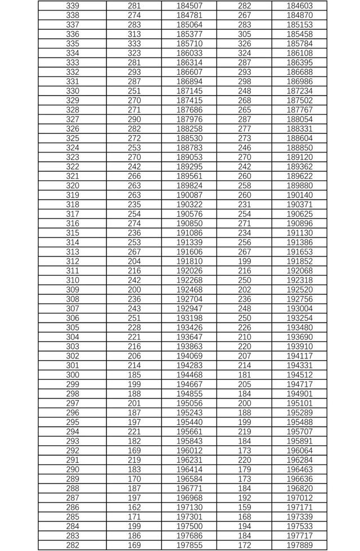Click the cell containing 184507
coord(189,6)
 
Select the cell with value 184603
coord(299,6)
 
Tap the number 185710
coord(189,43)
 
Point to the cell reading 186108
coord(299,53)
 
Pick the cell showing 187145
coord(189,91)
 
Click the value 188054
coord(299,119)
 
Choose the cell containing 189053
coord(189,157)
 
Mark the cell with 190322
coord(189,204)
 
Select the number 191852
coord(299,261)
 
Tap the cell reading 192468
coord(189,290)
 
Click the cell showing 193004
coord(299,308)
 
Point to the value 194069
coord(189,356)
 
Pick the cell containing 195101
coord(299,403)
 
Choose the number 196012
coord(189,450)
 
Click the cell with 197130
coord(189,507)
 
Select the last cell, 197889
coord(299,545)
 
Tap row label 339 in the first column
coord(73,6)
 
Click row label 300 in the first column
coord(73,375)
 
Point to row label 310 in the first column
coord(73,280)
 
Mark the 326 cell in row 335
coord(245,43)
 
